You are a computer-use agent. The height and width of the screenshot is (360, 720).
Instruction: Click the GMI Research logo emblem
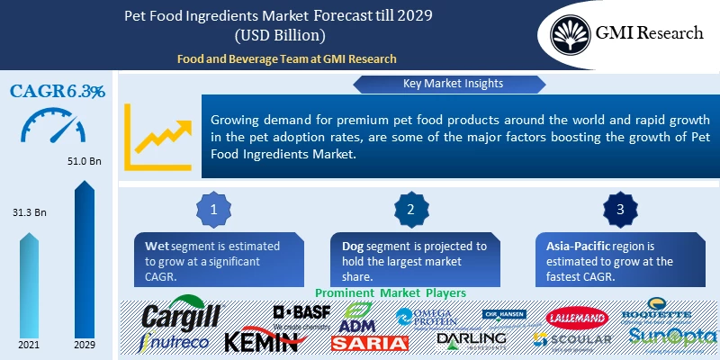572,34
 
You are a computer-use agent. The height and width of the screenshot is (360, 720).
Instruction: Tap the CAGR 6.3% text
58,91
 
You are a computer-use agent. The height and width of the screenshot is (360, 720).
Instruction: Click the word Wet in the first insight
157,246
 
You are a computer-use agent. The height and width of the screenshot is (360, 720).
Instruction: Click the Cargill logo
181,316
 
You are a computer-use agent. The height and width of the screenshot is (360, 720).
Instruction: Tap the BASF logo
301,312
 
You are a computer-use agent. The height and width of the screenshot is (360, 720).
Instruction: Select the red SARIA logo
369,343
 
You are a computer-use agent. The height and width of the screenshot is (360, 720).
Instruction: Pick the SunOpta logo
672,337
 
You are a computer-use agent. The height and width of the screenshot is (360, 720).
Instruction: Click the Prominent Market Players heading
390,293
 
